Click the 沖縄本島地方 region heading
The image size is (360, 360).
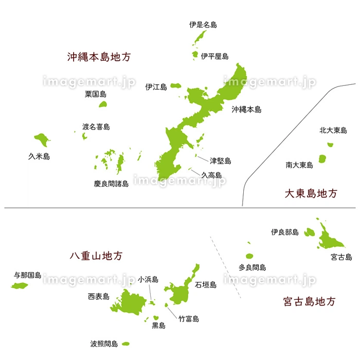coord(99,57)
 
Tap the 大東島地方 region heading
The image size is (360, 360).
coord(312,193)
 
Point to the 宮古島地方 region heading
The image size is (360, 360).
coord(311,301)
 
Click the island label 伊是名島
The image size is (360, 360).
coord(203,24)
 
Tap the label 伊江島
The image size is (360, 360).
coord(156,87)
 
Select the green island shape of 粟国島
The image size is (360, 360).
coord(103,104)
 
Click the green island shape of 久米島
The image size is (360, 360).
coord(41,138)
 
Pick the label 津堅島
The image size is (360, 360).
coord(220,161)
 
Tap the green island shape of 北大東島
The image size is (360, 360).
coord(330,145)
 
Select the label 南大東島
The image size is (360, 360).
coord(299,165)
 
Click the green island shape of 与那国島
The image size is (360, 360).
coord(21,286)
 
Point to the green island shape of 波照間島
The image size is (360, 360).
coord(125,344)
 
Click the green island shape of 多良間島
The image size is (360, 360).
coord(250,256)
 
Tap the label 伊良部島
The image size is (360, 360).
coord(284,232)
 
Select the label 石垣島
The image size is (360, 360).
coord(206,284)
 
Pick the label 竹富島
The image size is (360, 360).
coord(188,319)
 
